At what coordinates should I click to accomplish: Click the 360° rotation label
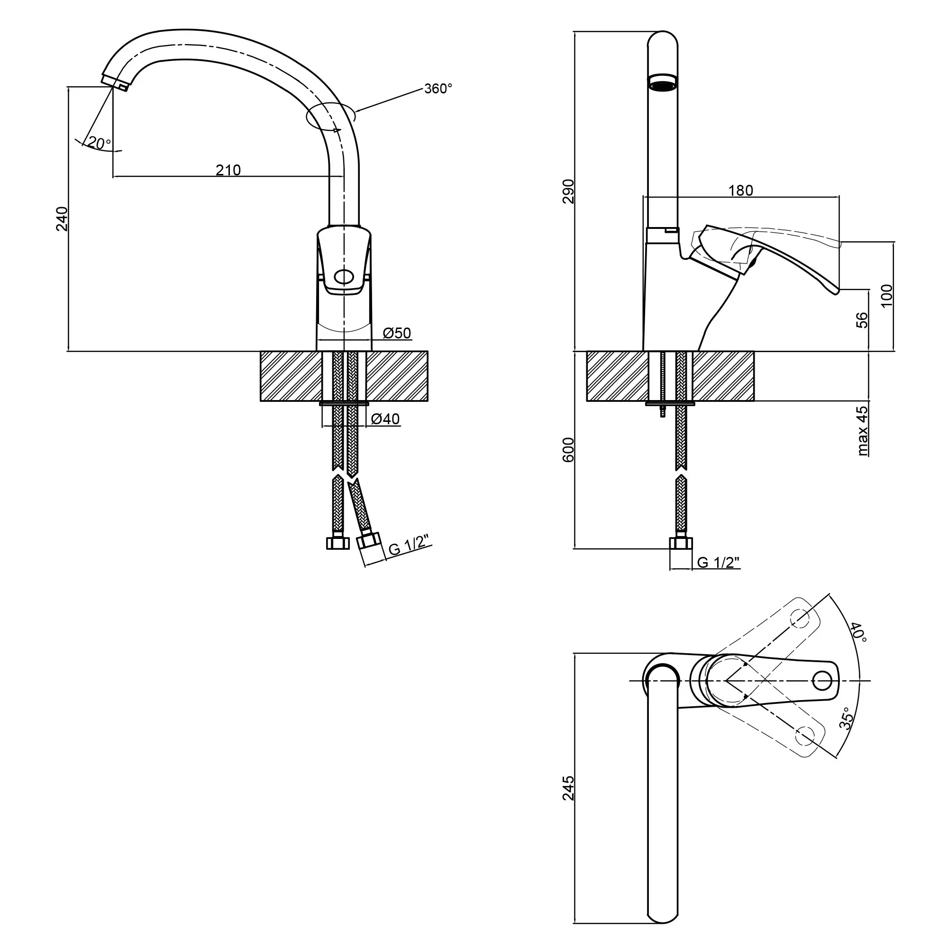438,89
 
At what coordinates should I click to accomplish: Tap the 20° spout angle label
100,143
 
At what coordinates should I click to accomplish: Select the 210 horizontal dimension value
228,170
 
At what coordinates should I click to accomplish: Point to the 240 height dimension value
62,219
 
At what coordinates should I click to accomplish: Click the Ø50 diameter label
396,333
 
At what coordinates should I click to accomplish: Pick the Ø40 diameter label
385,419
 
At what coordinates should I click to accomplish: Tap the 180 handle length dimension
740,190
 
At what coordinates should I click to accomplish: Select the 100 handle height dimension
887,296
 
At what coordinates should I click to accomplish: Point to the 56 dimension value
862,320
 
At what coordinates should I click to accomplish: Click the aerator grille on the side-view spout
663,82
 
